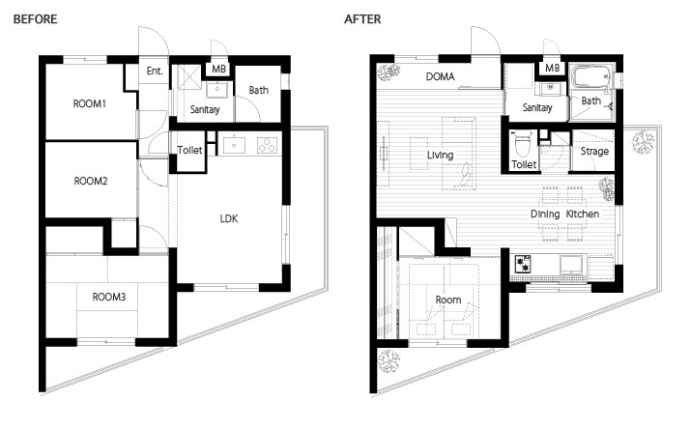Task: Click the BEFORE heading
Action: click(35, 19)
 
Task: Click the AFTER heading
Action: click(362, 19)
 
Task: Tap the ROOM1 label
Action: click(90, 104)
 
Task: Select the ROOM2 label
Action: click(91, 181)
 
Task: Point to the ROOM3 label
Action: click(109, 297)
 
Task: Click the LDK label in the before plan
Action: click(229, 218)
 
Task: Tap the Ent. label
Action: click(155, 71)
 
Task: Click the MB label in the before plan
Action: click(218, 70)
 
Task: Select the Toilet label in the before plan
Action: click(190, 150)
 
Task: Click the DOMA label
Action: click(441, 76)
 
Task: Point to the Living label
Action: click(441, 155)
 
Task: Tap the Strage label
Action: click(594, 152)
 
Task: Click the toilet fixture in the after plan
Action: click(523, 145)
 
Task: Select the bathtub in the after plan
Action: click(590, 76)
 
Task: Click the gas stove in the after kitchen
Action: click(523, 264)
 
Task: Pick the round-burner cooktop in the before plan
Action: click(267, 145)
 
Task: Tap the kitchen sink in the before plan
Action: click(234, 145)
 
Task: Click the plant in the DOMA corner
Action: click(389, 71)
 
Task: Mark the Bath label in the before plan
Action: click(259, 90)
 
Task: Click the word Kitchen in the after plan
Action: click(583, 214)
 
